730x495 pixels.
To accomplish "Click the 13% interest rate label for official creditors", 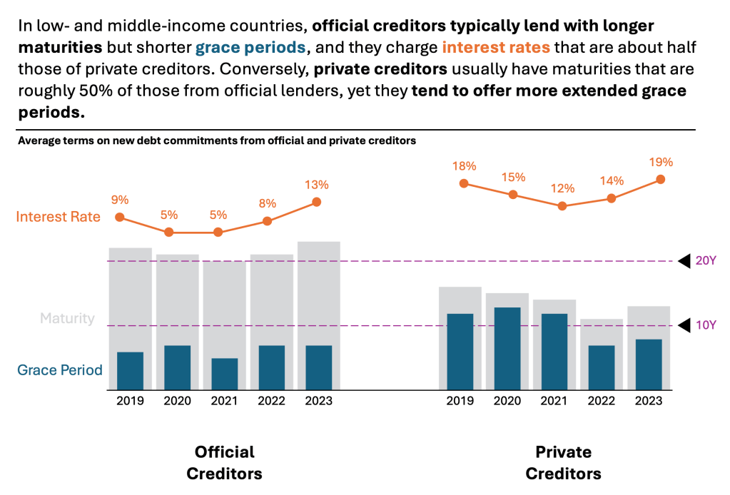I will point(317,185).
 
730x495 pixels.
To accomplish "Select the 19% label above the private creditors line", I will point(661,162).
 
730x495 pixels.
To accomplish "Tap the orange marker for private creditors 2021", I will point(562,206).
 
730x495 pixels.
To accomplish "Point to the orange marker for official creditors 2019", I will point(120,218).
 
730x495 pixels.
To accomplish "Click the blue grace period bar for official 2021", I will point(225,374).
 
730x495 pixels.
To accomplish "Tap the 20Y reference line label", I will point(705,261).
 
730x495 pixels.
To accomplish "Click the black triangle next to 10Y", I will point(684,326).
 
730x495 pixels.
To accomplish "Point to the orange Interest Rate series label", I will point(59,217).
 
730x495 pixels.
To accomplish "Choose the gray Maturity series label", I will point(67,318).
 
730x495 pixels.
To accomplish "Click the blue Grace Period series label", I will point(60,370).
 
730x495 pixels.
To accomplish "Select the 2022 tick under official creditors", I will point(272,401).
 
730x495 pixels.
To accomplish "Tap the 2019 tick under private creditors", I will point(460,401).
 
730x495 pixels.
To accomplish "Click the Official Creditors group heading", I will point(224,463).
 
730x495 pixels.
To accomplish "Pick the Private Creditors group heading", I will point(563,463).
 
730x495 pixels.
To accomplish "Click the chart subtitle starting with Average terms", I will point(216,141).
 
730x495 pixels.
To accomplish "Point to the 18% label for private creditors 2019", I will point(464,166).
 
